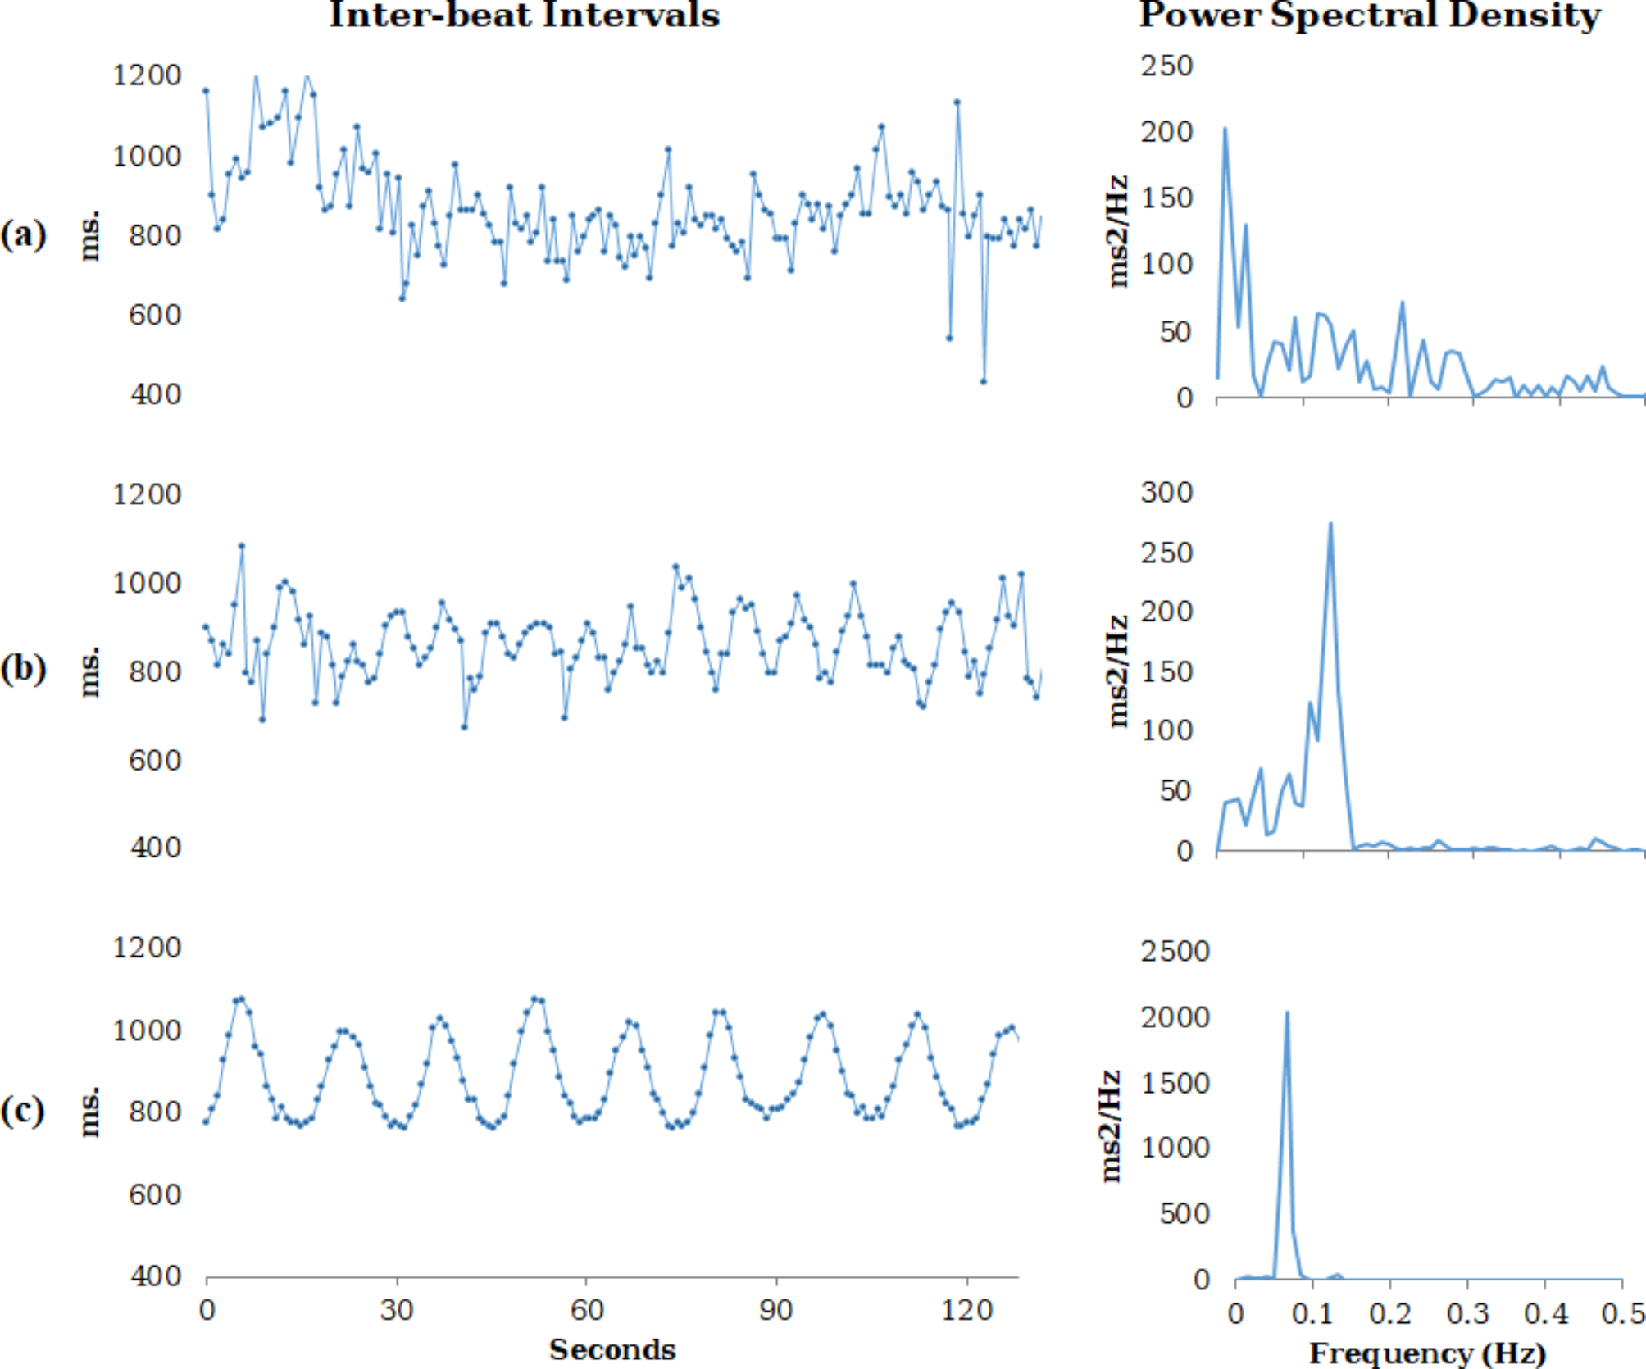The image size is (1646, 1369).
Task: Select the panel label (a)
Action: click(x=23, y=234)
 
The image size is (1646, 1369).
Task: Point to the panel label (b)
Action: click(x=23, y=669)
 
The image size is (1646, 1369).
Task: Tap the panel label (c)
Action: click(x=23, y=1112)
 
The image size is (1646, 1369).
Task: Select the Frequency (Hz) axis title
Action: click(x=1427, y=1353)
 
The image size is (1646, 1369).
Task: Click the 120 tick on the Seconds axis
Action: click(x=967, y=1310)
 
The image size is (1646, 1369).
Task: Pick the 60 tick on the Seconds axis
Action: click(x=587, y=1310)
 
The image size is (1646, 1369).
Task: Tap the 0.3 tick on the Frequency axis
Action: click(x=1468, y=1313)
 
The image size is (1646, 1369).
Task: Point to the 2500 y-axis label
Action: click(x=1175, y=952)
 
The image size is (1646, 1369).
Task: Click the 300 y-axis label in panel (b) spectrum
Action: click(x=1166, y=493)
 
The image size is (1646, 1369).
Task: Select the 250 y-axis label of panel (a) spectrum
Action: click(x=1166, y=66)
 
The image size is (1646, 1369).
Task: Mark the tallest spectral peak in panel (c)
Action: click(x=1287, y=1012)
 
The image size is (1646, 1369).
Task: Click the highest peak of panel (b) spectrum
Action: click(x=1330, y=524)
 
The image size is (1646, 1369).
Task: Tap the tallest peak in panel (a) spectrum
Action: click(x=1225, y=129)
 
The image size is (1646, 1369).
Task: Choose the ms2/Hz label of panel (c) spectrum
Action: click(x=1112, y=1125)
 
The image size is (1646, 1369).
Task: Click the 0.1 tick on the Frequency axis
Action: click(x=1313, y=1313)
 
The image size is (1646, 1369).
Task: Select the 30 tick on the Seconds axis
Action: click(x=397, y=1310)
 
